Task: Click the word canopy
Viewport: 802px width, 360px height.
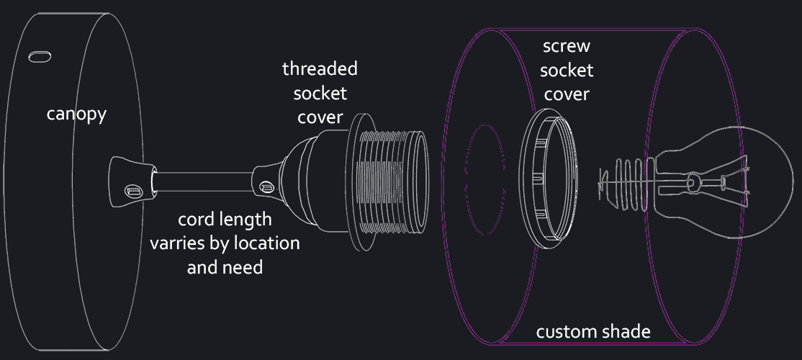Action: point(76,114)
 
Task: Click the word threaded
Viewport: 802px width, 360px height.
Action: point(320,69)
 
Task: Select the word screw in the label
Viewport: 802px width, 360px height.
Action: point(567,47)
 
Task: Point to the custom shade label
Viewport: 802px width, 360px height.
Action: point(593,332)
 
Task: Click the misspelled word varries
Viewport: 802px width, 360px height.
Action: point(179,243)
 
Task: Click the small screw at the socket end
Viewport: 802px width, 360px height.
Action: point(266,187)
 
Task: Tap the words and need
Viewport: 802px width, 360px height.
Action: point(225,267)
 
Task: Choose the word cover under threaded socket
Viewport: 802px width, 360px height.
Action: point(320,117)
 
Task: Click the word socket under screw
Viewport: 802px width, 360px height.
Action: point(567,71)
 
